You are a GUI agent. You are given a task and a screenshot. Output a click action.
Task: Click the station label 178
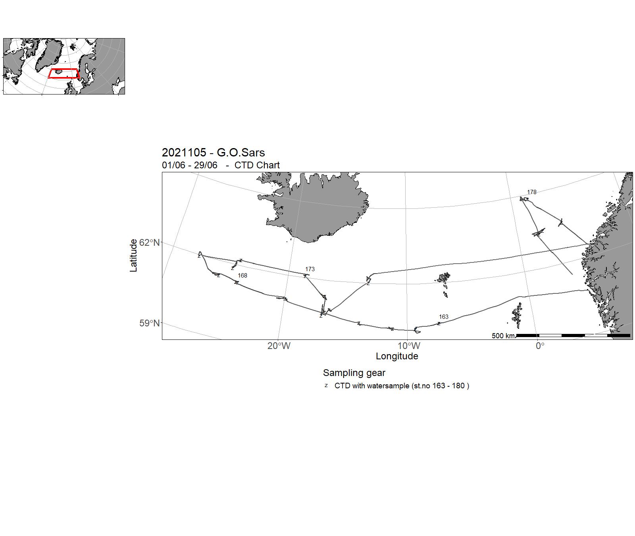point(531,192)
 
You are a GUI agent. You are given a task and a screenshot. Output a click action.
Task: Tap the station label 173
point(310,269)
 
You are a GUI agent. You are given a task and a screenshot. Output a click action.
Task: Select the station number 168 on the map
point(242,276)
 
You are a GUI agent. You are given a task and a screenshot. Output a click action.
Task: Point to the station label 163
point(443,317)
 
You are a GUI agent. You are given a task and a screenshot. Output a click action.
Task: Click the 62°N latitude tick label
point(150,243)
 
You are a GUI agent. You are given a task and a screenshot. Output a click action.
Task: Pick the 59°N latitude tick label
point(150,323)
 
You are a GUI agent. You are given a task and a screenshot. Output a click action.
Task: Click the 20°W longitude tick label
point(279,346)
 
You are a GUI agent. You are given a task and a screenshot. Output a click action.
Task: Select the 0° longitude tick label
point(540,346)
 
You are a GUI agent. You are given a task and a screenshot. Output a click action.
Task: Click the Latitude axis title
point(134,255)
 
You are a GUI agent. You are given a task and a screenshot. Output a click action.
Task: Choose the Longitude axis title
point(397,356)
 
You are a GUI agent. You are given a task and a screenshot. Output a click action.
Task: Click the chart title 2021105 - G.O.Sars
point(213,152)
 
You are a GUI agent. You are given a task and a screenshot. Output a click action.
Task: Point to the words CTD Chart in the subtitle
point(257,165)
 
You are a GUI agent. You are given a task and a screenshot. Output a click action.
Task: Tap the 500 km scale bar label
point(503,336)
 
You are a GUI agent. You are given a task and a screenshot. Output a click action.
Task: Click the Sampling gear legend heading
point(354,373)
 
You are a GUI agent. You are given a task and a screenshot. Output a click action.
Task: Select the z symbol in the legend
point(326,386)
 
